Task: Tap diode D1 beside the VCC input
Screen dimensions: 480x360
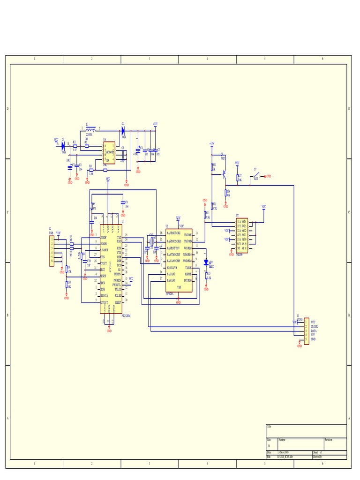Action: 63,146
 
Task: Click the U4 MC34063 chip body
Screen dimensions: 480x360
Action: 109,153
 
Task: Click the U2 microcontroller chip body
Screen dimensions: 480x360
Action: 179,261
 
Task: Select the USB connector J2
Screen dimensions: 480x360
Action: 52,251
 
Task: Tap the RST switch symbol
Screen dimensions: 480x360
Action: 256,176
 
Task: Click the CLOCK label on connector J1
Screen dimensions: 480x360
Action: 314,326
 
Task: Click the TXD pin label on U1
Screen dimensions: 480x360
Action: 119,238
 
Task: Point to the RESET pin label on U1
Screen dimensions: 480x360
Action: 103,276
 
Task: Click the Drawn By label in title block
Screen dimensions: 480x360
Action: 319,456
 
